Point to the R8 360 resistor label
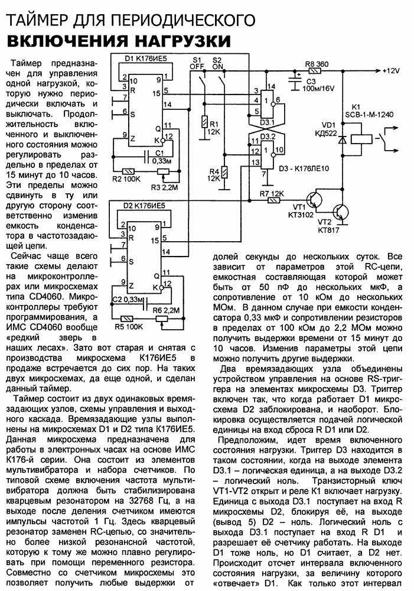point(317,64)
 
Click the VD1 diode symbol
point(343,140)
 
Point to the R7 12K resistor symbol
point(273,200)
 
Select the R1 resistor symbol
point(204,122)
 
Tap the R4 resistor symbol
point(224,173)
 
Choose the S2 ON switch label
point(218,63)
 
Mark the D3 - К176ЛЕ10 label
point(304,168)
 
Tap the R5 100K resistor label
point(129,326)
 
